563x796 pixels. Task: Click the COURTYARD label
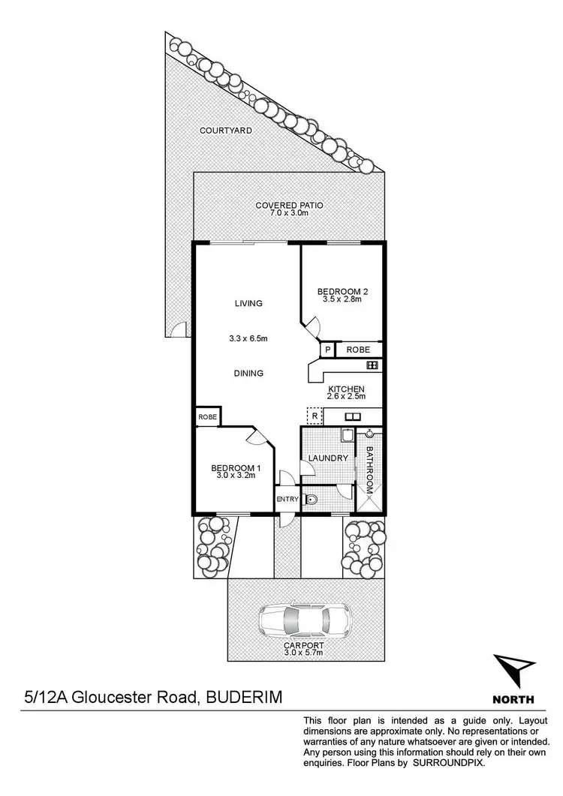(x=225, y=131)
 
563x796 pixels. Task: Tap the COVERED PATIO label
(x=289, y=205)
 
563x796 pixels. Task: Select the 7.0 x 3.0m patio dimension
(x=289, y=213)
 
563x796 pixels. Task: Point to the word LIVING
(x=248, y=304)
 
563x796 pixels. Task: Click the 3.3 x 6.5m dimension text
(x=248, y=338)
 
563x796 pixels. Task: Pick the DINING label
(x=248, y=373)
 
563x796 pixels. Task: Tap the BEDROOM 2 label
(x=342, y=291)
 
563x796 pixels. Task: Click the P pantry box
(x=327, y=350)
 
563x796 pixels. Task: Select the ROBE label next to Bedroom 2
(x=358, y=350)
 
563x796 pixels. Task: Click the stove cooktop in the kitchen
(x=371, y=365)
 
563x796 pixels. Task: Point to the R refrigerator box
(x=314, y=415)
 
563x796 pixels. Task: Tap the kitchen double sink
(x=353, y=416)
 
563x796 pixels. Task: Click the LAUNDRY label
(x=328, y=458)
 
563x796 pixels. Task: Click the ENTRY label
(x=287, y=500)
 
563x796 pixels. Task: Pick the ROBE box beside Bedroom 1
(x=207, y=416)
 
